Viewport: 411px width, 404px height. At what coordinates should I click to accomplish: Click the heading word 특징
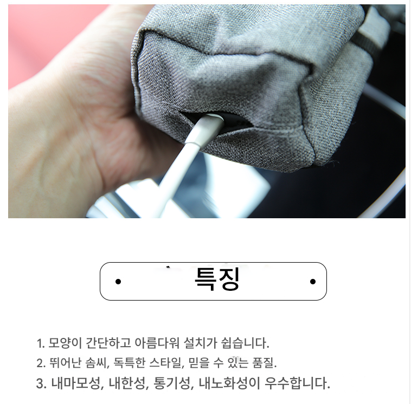pyautogui.click(x=217, y=279)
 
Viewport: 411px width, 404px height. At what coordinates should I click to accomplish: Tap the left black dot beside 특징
pyautogui.click(x=118, y=282)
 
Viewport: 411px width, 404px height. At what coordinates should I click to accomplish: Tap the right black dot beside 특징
pyautogui.click(x=313, y=282)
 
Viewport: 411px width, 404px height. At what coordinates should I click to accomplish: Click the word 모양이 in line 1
pyautogui.click(x=65, y=343)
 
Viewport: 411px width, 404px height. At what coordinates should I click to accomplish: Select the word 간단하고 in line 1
pyautogui.click(x=108, y=343)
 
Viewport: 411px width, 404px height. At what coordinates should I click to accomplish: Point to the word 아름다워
pyautogui.click(x=157, y=343)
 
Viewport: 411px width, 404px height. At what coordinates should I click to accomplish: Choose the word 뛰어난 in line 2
pyautogui.click(x=65, y=363)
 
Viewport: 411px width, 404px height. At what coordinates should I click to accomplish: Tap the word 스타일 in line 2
pyautogui.click(x=165, y=363)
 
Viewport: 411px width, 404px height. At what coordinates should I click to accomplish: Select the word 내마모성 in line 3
pyautogui.click(x=75, y=383)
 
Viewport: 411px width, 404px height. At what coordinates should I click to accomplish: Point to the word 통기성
pyautogui.click(x=172, y=383)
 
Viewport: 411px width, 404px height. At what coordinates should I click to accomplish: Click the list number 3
pyautogui.click(x=40, y=383)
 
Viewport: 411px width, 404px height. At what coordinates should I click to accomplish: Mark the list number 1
pyautogui.click(x=39, y=343)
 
